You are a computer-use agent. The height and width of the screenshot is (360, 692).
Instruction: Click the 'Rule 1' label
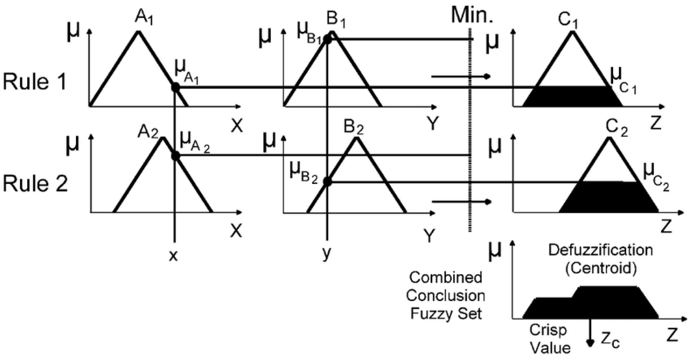click(35, 82)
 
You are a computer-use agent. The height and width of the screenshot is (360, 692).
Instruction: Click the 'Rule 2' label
click(35, 184)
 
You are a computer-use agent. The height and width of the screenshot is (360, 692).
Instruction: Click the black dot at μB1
click(327, 39)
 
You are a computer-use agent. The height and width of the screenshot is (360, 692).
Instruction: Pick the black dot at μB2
click(327, 182)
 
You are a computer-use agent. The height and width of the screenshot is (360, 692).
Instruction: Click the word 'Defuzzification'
click(600, 250)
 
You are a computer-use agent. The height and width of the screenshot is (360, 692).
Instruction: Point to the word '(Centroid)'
click(601, 268)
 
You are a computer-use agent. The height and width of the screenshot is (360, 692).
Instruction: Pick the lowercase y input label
click(326, 254)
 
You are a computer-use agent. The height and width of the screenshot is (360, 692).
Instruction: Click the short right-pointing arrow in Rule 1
click(461, 77)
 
